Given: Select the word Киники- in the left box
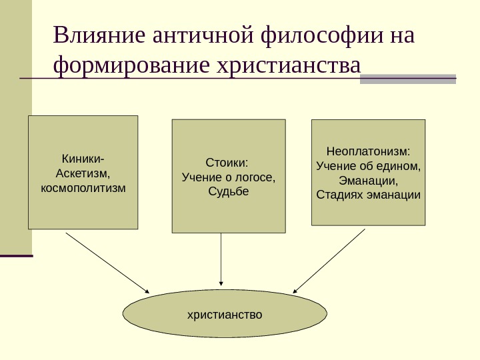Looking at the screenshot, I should pyautogui.click(x=83, y=159).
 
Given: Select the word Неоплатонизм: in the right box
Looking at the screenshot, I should pyautogui.click(x=368, y=151).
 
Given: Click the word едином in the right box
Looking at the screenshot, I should pyautogui.click(x=401, y=165).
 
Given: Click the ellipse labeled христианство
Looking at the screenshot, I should pyautogui.click(x=225, y=313).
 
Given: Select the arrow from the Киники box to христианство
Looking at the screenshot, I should pyautogui.click(x=107, y=261).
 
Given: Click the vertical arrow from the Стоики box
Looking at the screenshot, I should pyautogui.click(x=221, y=260).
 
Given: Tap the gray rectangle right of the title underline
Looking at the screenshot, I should pyautogui.click(x=408, y=79).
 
